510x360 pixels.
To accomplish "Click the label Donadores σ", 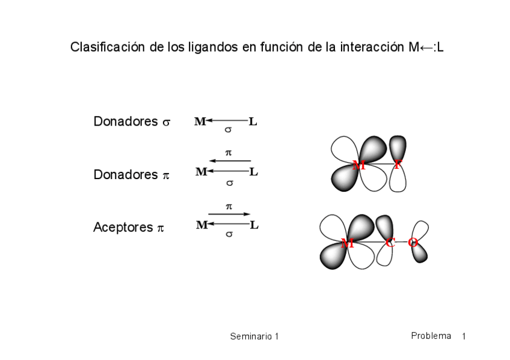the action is [x=132, y=121].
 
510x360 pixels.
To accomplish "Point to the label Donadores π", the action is [x=132, y=175].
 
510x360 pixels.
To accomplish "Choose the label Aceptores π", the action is [x=128, y=228].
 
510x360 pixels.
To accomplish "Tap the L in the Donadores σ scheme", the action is [x=253, y=122].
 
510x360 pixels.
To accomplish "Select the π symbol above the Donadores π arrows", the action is [x=229, y=153].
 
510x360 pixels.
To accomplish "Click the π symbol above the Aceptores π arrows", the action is [x=229, y=206].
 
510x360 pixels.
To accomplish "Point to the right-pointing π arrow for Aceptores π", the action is [x=229, y=214].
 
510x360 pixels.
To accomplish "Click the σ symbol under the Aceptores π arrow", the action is [x=229, y=233].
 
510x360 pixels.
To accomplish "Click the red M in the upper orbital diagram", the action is [x=358, y=166].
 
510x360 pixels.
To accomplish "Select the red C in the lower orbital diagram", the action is [x=390, y=243].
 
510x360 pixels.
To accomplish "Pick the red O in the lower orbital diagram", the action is [x=413, y=243].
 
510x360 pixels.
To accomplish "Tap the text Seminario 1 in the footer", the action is [x=254, y=337].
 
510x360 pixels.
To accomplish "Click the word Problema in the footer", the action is [x=431, y=336].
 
